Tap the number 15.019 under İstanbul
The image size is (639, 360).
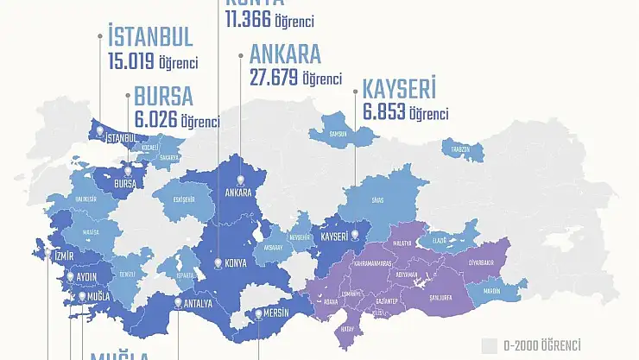[x=130, y=62]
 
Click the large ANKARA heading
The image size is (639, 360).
[x=285, y=54]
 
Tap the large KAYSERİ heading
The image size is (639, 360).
[x=399, y=89]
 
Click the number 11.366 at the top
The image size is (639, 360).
[x=247, y=18]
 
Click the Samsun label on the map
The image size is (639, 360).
[x=339, y=134]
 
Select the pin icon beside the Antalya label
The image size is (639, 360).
[x=177, y=301]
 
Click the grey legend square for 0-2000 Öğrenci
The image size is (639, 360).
[x=490, y=344]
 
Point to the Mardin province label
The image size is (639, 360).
[x=492, y=292]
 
